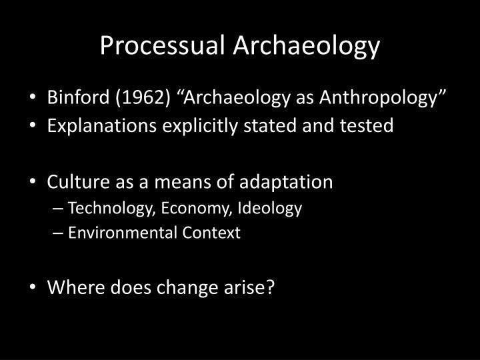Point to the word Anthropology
(x=382, y=99)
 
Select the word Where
(x=73, y=288)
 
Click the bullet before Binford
(x=34, y=100)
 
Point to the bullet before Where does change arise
(x=34, y=289)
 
